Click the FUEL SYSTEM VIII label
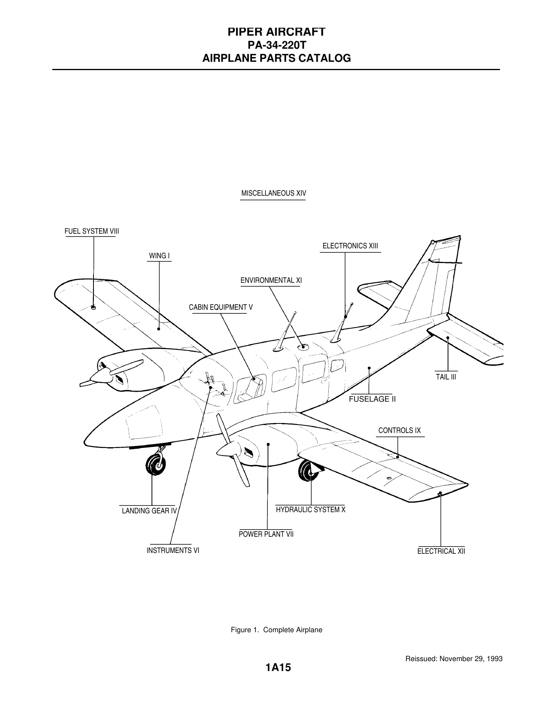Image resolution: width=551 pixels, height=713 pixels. pyautogui.click(x=92, y=231)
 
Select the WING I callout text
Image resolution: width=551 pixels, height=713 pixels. pyautogui.click(x=159, y=256)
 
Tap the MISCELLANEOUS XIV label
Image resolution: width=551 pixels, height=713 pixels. pyautogui.click(x=274, y=193)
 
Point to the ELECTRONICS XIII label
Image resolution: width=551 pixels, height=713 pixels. pyautogui.click(x=350, y=246)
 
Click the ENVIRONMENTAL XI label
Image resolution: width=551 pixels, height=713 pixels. pyautogui.click(x=271, y=280)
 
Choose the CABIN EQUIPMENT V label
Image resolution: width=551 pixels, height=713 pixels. pyautogui.click(x=221, y=307)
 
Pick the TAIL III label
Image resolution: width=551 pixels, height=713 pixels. pyautogui.click(x=446, y=377)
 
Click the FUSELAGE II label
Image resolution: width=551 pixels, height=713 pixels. pyautogui.click(x=372, y=399)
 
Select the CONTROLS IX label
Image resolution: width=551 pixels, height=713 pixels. pyautogui.click(x=399, y=431)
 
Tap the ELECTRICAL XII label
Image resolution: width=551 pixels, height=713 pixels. pyautogui.click(x=441, y=551)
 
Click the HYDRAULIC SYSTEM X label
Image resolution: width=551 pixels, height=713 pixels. pyautogui.click(x=311, y=510)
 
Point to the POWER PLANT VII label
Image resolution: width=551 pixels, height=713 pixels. pyautogui.click(x=266, y=534)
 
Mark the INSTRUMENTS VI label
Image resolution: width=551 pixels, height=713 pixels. pyautogui.click(x=173, y=551)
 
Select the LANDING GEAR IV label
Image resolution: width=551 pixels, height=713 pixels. pyautogui.click(x=149, y=511)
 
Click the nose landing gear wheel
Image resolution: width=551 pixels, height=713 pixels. pyautogui.click(x=155, y=465)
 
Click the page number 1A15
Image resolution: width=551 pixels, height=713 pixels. pyautogui.click(x=278, y=668)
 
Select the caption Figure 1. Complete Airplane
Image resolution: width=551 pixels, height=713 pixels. pyautogui.click(x=276, y=630)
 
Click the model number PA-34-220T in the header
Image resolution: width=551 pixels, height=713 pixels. pyautogui.click(x=276, y=45)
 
